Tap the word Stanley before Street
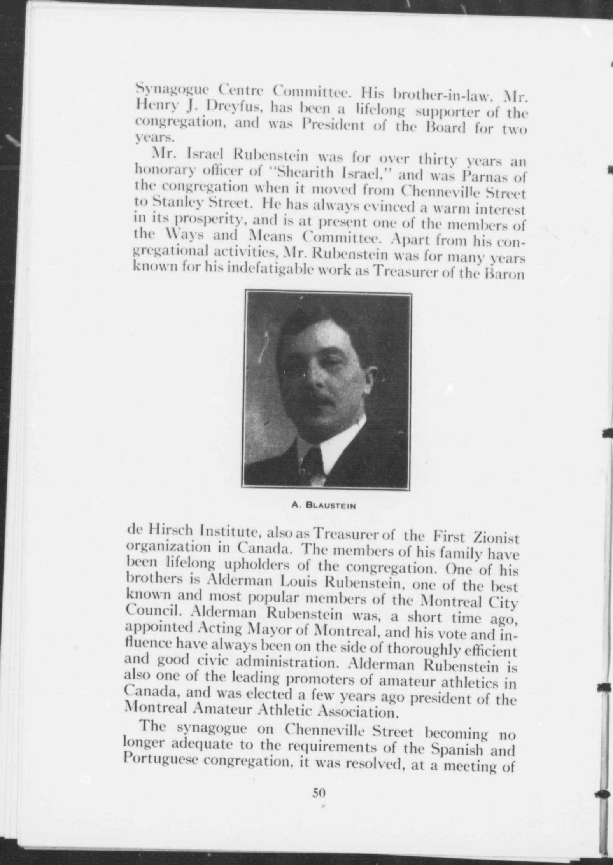178,202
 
